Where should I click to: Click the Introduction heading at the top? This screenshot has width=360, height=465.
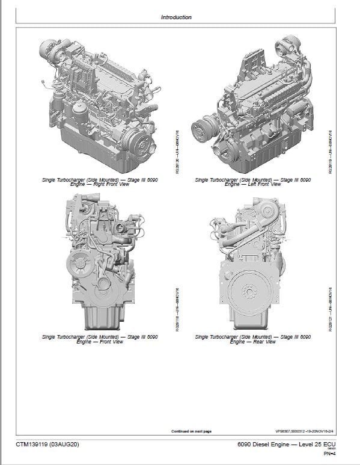click(x=176, y=17)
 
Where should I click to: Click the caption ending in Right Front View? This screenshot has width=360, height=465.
click(x=100, y=182)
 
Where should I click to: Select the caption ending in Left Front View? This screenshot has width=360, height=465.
click(x=253, y=182)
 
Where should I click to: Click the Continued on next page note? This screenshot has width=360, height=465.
click(x=192, y=431)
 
